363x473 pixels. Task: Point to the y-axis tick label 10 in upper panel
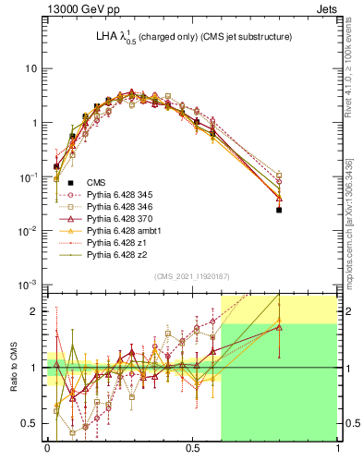pyautogui.click(x=31, y=69)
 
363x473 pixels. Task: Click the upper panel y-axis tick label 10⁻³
pyautogui.click(x=28, y=284)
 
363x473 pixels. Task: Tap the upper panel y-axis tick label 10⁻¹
pyautogui.click(x=28, y=176)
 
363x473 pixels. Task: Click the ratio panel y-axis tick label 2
pyautogui.click(x=35, y=311)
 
